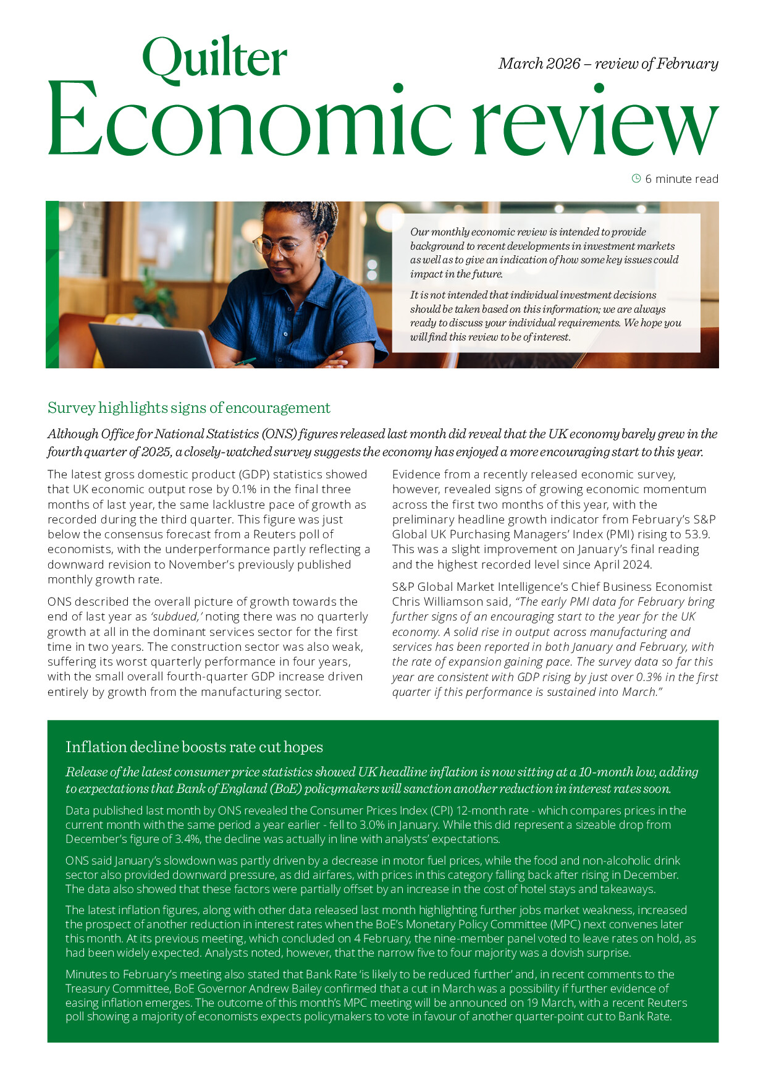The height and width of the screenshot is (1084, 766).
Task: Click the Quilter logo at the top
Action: pos(214,59)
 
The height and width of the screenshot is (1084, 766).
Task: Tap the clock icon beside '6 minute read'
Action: pos(636,179)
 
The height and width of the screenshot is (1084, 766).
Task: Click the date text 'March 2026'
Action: pos(539,64)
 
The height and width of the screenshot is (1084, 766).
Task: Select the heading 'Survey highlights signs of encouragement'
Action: pos(189,408)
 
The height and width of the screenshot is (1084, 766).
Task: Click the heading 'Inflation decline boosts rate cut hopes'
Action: pos(194,747)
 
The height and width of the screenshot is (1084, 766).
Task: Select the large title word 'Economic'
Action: pos(250,121)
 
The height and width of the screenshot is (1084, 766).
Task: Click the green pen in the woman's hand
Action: pos(246,361)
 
